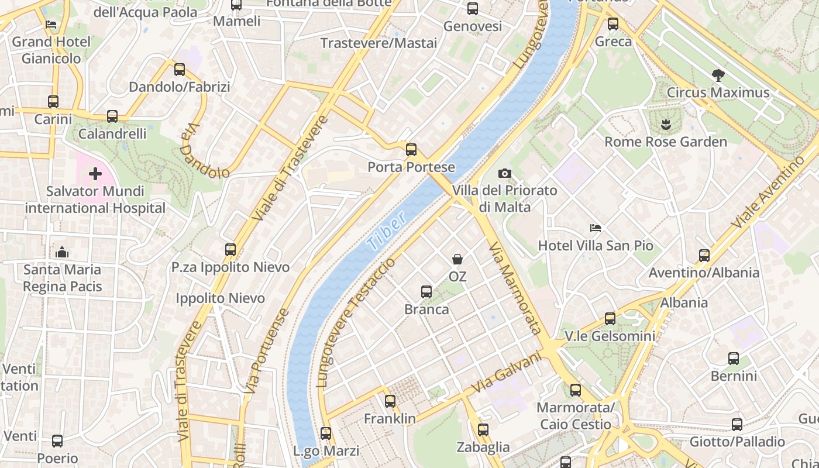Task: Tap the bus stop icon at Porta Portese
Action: point(411,149)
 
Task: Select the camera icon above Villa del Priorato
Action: point(504,173)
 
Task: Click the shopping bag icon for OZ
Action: point(457,259)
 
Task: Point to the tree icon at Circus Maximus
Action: point(718,75)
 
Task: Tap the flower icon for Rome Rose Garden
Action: point(666,124)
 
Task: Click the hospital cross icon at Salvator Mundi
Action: point(95,174)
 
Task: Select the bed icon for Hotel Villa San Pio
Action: point(596,228)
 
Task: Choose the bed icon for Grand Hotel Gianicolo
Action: point(51,25)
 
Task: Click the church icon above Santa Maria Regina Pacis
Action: point(62,252)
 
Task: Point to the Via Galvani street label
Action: point(507,372)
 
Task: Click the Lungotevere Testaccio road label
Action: point(356,322)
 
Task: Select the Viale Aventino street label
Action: point(768,192)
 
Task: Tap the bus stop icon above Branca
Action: point(426,291)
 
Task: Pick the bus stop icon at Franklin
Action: point(390,401)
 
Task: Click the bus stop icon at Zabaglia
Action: point(483,430)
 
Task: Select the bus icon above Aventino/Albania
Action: point(704,255)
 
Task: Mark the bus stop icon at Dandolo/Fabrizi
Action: point(180,70)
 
